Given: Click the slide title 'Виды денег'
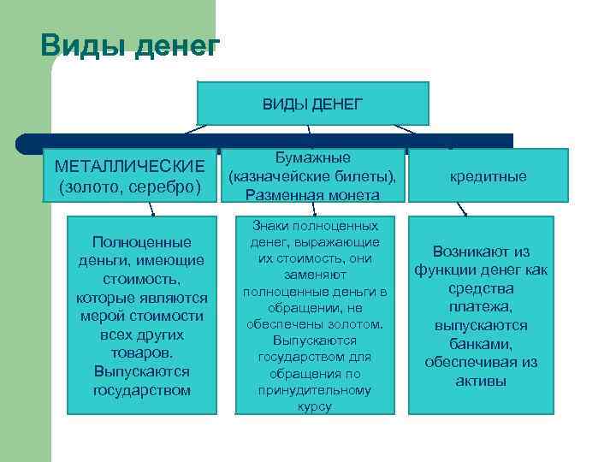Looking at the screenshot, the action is point(129,46).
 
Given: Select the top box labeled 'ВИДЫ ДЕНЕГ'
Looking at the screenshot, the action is point(312,104).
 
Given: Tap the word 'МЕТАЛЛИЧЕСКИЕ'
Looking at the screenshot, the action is point(129,164).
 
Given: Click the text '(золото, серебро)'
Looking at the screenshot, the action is point(129,185).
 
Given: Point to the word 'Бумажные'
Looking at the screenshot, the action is point(312,158).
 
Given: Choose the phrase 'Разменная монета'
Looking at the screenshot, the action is point(312,195).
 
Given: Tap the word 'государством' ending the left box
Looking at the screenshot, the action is point(141,390).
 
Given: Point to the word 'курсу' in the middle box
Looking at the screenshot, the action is point(315,406).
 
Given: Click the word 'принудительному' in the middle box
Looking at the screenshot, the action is point(315,390).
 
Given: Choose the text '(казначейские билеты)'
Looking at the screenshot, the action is point(311,177).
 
